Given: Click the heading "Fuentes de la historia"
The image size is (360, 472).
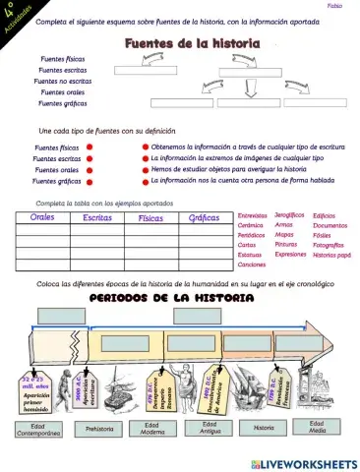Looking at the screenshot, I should [x=191, y=44].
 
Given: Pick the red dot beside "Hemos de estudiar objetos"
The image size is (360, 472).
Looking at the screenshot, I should [x=146, y=169].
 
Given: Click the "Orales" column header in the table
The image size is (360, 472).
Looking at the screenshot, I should [x=42, y=217].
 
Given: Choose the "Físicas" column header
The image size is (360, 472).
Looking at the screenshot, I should [x=150, y=217].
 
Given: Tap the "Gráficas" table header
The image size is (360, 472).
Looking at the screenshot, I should [x=204, y=217].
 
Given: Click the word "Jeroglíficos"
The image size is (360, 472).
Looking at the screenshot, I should [x=288, y=214].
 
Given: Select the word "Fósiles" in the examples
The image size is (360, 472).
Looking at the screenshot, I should [x=323, y=236].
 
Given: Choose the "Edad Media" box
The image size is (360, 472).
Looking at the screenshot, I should [x=317, y=427].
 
